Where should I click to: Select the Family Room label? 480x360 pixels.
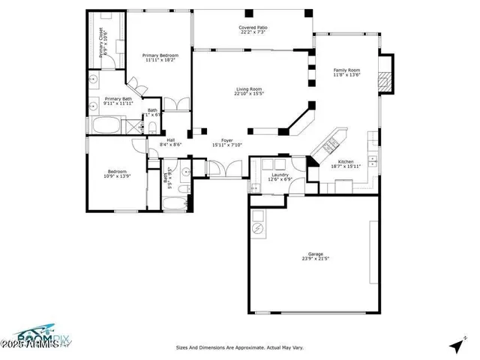pos(346,70)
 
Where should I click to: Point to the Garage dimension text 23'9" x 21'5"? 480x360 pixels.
pos(316,259)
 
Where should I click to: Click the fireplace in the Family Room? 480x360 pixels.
pos(385,79)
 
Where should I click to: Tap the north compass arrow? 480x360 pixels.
pos(456,346)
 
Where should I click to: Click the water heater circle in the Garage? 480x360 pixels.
pos(258,228)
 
